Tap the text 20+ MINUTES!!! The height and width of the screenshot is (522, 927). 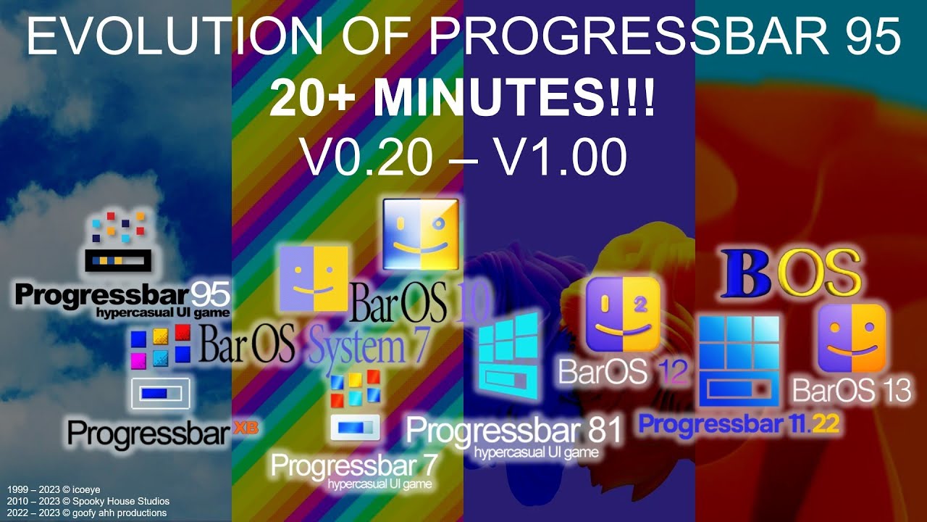(462, 101)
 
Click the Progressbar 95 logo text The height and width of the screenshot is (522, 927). (122, 296)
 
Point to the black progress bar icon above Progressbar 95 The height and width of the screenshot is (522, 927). (118, 260)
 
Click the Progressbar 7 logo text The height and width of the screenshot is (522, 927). (351, 465)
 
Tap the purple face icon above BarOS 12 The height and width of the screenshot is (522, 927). (622, 313)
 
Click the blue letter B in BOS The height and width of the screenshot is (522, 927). (742, 274)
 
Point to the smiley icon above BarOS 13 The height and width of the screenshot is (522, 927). (852, 338)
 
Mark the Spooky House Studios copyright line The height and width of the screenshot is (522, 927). (88, 501)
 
